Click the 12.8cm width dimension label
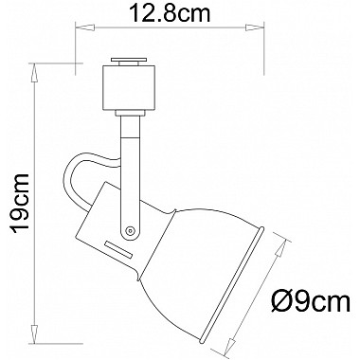[x=170, y=13]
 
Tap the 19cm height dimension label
[x=20, y=203]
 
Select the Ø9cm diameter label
[x=311, y=302]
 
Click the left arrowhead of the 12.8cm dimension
[x=84, y=27]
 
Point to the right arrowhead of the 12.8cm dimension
[x=255, y=27]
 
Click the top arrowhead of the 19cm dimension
[x=34, y=73]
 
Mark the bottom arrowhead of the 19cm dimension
[x=34, y=333]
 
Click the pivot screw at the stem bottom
[x=130, y=230]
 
